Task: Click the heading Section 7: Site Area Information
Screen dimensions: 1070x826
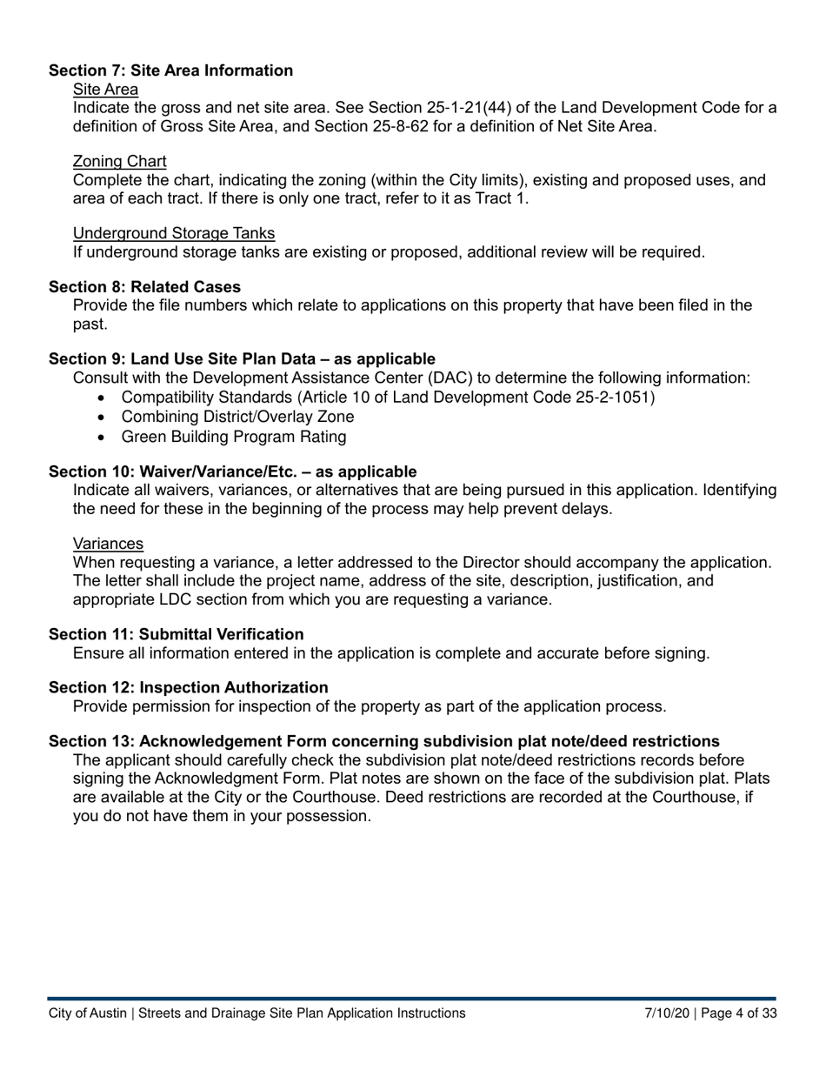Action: pos(170,70)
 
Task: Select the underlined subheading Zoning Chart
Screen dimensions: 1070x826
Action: pos(120,161)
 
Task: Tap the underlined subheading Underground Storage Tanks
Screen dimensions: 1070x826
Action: pos(174,233)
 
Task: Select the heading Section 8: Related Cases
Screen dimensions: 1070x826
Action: pos(144,287)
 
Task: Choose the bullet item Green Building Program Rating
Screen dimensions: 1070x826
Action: pos(233,437)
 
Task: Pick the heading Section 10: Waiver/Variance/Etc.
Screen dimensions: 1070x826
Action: pos(232,471)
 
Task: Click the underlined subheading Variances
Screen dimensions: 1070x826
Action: pos(108,544)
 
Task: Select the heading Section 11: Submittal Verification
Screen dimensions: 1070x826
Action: pos(176,634)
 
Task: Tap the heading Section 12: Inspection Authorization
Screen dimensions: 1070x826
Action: pos(188,687)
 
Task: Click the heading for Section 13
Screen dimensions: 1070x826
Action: pos(383,741)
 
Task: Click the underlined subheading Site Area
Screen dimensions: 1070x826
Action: pos(105,89)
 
